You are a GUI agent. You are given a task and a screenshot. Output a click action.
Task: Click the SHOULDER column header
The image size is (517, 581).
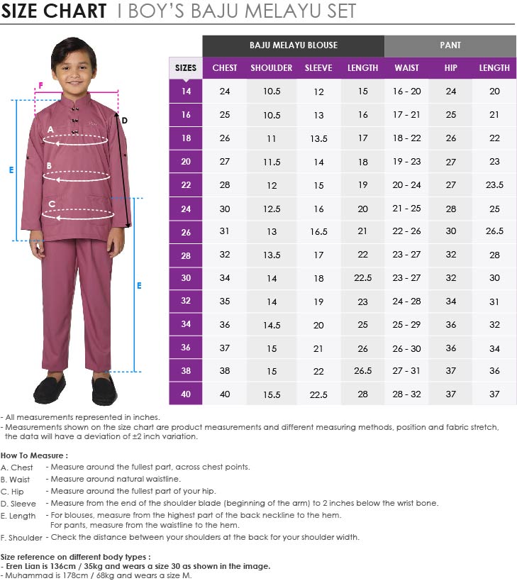tap(271, 68)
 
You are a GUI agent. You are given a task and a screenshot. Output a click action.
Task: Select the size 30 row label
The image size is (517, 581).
tap(186, 278)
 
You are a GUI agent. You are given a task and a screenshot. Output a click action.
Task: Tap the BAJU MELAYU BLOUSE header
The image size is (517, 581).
tap(293, 45)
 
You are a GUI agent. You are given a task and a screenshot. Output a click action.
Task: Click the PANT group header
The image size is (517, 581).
tap(450, 45)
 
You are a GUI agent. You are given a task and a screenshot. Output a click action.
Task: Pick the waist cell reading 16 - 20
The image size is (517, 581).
tap(406, 92)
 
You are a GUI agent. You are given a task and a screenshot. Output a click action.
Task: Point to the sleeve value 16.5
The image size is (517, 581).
tap(318, 232)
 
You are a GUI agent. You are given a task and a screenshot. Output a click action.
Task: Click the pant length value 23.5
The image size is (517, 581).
tap(494, 185)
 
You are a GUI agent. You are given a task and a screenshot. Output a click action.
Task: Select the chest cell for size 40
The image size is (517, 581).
tap(225, 394)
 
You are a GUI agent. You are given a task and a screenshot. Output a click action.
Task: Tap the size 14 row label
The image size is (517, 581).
tap(186, 92)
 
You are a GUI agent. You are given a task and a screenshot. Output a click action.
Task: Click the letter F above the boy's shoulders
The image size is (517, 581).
tap(40, 85)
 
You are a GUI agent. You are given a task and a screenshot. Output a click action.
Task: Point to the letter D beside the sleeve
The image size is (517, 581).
tap(124, 121)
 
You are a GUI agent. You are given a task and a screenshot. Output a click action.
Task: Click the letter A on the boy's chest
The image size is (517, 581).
tap(50, 129)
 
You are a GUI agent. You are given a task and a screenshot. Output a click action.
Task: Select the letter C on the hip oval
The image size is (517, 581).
tap(52, 204)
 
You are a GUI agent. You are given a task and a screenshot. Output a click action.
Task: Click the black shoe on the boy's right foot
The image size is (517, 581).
tap(49, 388)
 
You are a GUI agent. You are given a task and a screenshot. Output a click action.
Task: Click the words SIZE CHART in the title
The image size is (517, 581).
tap(54, 11)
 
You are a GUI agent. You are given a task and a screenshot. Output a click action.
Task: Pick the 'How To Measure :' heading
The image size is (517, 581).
tap(34, 455)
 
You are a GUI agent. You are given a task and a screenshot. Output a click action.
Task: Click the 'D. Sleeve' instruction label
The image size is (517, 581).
tap(19, 504)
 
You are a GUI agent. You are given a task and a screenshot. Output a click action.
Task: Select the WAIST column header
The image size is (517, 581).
tap(406, 68)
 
